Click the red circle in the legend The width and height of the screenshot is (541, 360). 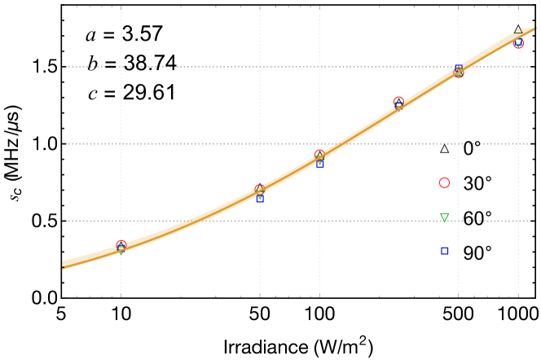pyautogui.click(x=444, y=182)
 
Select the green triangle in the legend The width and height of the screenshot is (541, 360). pyautogui.click(x=444, y=217)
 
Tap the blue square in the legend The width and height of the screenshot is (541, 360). pyautogui.click(x=445, y=251)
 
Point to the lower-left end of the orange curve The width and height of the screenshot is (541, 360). pyautogui.click(x=64, y=265)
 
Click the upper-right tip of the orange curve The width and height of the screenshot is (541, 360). pyautogui.click(x=534, y=29)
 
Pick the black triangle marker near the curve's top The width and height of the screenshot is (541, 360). pyautogui.click(x=518, y=30)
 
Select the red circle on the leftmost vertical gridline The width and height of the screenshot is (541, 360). pyautogui.click(x=121, y=244)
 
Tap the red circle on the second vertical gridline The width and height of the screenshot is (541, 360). pyautogui.click(x=260, y=189)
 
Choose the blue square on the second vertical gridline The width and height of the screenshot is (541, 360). pyautogui.click(x=260, y=199)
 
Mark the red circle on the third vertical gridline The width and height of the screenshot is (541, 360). pyautogui.click(x=319, y=154)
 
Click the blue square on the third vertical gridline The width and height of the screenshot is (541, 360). pyautogui.click(x=319, y=164)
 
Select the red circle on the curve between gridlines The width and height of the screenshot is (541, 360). pyautogui.click(x=398, y=102)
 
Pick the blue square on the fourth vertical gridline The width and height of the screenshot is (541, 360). pyautogui.click(x=458, y=68)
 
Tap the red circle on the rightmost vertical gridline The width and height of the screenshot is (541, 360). pyautogui.click(x=518, y=43)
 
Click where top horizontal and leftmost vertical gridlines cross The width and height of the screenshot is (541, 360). pyautogui.click(x=121, y=67)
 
